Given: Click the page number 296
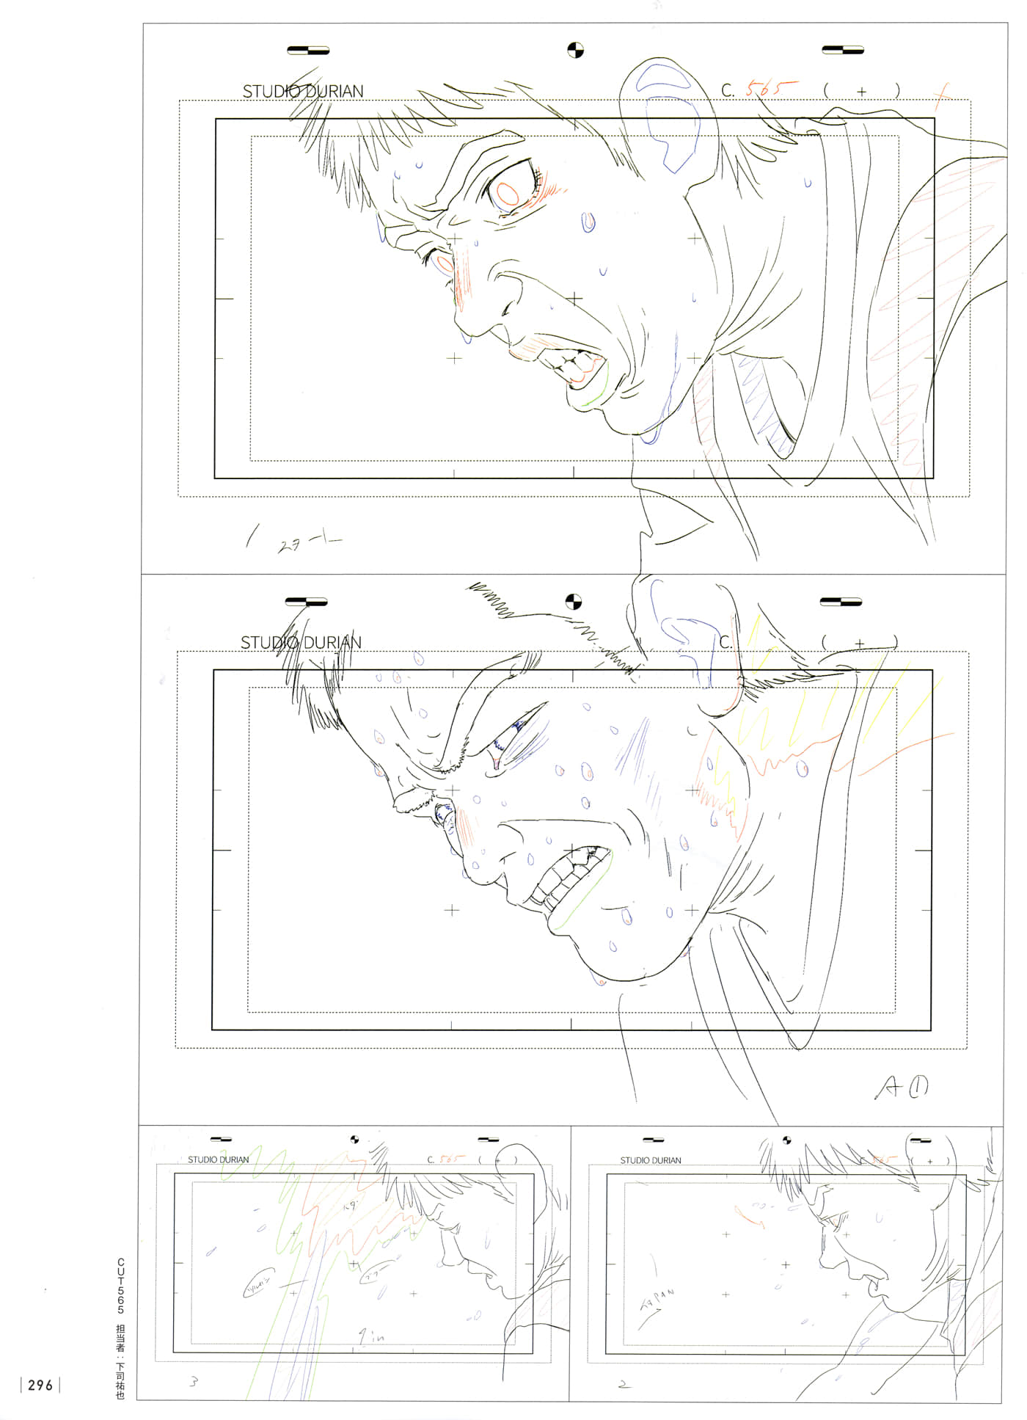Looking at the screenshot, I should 40,1386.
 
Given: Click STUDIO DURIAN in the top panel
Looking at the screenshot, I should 303,92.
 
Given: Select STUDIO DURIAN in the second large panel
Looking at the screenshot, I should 301,643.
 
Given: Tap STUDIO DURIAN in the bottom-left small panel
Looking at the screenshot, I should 218,1160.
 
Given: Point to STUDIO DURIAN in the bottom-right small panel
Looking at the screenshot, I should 650,1161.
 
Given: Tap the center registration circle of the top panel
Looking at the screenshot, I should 575,51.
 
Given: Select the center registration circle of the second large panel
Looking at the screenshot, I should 573,602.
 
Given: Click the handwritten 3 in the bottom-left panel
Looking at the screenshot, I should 194,1383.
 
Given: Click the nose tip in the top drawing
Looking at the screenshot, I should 461,323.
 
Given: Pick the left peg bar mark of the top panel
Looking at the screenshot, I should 308,51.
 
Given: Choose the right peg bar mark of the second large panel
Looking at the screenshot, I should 841,602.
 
